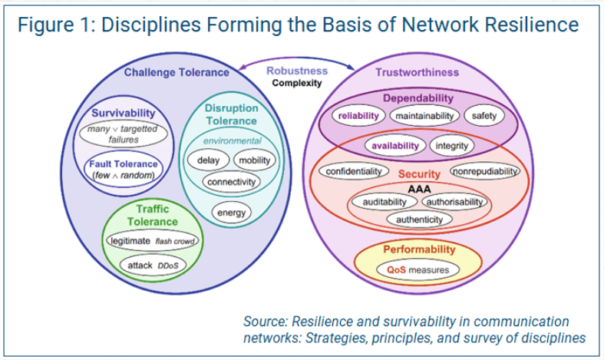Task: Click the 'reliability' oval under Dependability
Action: (359, 116)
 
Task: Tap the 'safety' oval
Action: (484, 116)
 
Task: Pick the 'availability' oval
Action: (395, 145)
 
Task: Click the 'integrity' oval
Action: (451, 145)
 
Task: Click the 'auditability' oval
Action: (384, 201)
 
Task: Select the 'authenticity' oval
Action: (419, 219)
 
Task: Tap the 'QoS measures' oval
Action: (418, 270)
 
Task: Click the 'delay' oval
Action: (208, 160)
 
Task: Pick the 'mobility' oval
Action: (253, 160)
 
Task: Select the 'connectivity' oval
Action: (231, 182)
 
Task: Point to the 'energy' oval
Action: (229, 212)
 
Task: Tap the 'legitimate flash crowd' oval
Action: (154, 241)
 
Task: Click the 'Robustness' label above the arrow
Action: (295, 71)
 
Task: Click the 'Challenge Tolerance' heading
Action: (177, 73)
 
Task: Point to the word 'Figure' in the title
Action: (48, 25)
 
